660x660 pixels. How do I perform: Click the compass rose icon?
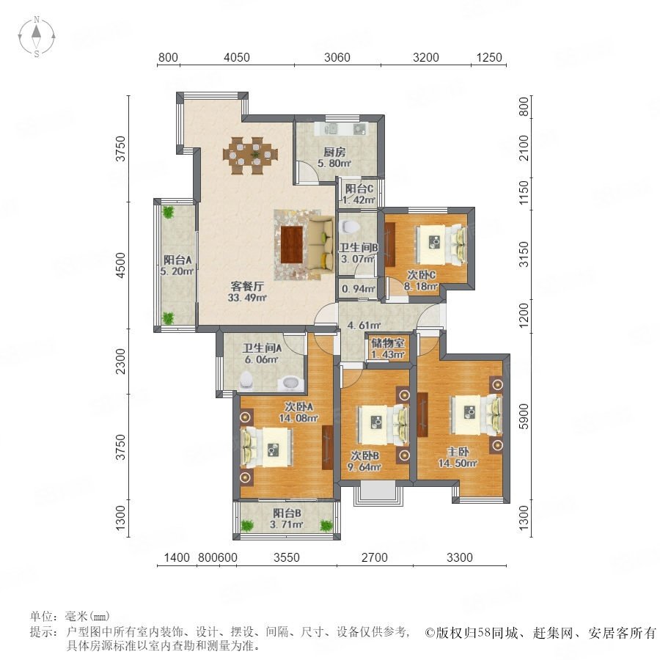(x=37, y=37)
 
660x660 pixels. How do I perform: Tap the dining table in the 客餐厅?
(x=251, y=155)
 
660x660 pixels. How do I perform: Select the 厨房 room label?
(x=334, y=152)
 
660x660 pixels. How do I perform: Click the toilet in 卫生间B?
(x=349, y=227)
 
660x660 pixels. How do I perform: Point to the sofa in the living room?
(x=320, y=245)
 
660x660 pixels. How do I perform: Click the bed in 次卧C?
(x=441, y=244)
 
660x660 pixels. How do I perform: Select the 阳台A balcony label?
(x=177, y=260)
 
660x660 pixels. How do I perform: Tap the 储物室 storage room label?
(x=388, y=343)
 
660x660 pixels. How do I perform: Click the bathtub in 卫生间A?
(x=290, y=383)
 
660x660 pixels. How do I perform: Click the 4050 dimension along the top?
(x=237, y=57)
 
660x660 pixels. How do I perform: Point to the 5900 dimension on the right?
(x=523, y=417)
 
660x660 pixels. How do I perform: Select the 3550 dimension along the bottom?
(x=286, y=558)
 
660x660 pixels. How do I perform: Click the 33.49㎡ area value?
(x=247, y=298)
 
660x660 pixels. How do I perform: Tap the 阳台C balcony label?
(x=359, y=189)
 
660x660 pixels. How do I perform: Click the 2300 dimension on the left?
(x=121, y=361)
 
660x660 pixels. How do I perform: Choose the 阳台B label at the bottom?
(x=287, y=513)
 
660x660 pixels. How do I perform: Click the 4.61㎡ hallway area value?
(x=364, y=326)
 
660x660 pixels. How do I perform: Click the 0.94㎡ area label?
(x=359, y=289)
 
